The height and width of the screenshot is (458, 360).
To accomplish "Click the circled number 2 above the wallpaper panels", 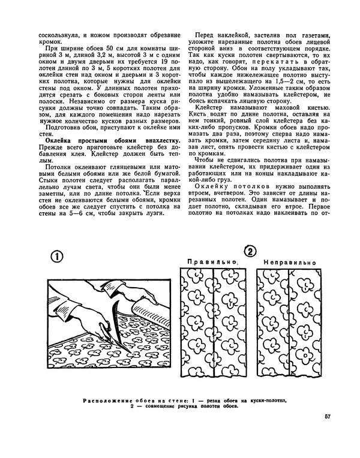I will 251,251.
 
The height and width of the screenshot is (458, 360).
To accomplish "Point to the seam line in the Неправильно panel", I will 289,324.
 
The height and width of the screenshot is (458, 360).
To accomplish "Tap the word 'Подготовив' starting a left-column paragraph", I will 62,128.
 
